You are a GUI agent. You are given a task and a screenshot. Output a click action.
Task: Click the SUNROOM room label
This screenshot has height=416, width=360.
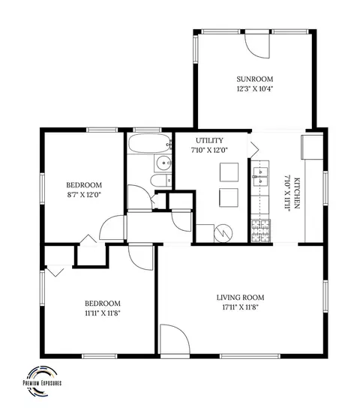point(254,79)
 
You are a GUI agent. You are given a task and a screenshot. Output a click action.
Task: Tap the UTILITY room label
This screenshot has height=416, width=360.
point(209,140)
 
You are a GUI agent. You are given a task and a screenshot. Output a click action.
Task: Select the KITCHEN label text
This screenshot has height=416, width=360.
point(297,193)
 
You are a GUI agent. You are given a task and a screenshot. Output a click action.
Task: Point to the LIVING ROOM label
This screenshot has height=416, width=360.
point(240,298)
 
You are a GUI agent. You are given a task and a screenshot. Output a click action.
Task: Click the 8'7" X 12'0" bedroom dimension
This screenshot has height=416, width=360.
point(84,195)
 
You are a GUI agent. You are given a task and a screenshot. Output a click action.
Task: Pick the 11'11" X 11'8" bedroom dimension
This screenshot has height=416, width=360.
point(103,313)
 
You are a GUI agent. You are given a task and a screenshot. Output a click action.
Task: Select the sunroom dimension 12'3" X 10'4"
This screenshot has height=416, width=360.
point(255,88)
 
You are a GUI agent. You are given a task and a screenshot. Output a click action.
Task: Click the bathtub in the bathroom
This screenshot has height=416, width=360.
point(150,143)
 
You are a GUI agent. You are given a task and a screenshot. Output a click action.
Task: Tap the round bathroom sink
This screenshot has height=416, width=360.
point(163,163)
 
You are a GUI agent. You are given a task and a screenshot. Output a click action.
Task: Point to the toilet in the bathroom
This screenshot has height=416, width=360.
point(161,181)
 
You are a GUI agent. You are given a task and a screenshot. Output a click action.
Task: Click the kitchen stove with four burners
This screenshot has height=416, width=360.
point(261,231)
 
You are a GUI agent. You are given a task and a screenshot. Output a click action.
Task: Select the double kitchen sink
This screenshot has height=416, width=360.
point(260,177)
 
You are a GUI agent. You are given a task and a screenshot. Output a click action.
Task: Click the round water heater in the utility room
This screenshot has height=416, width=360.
point(223,233)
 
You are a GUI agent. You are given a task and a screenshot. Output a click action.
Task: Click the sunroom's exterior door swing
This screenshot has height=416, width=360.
point(257,46)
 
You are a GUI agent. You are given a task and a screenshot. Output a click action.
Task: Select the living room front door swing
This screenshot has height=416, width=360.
point(175,339)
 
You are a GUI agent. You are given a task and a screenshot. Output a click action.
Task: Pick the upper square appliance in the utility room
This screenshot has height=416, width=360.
point(229,172)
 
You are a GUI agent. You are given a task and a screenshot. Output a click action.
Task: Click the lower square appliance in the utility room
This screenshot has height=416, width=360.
point(229,198)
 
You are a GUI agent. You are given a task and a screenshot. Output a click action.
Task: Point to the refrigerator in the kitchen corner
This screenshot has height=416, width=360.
point(312,147)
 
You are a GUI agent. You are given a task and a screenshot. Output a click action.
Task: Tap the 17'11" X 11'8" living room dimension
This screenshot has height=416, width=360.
point(241,307)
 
